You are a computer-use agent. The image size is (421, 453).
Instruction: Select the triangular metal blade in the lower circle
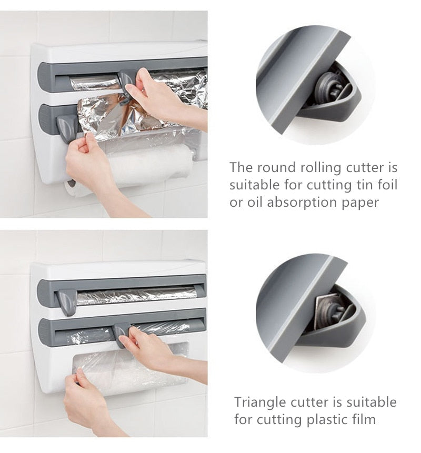point(326,310)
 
